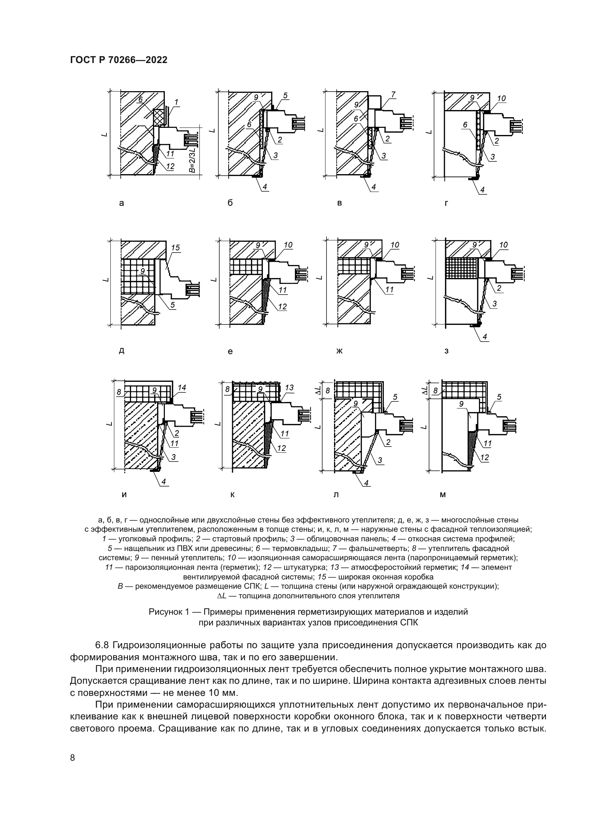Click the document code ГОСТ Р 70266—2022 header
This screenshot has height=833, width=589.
pos(119,60)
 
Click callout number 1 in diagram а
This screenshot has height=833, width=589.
pos(176,102)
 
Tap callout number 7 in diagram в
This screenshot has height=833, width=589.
pos(393,95)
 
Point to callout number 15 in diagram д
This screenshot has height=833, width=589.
pos(175,248)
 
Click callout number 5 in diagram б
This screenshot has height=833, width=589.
pos(286,95)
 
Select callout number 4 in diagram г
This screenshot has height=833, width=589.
pos(482,190)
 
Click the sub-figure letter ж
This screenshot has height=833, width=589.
pos(339,351)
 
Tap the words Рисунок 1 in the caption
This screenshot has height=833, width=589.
pos(169,613)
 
